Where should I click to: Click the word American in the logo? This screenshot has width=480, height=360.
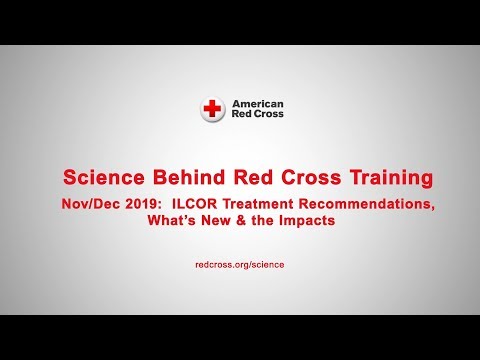pos(257,103)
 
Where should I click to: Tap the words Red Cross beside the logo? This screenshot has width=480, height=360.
pos(257,115)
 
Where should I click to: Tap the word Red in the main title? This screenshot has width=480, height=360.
pos(251,178)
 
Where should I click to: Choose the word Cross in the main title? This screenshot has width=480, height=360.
pos(300,178)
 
